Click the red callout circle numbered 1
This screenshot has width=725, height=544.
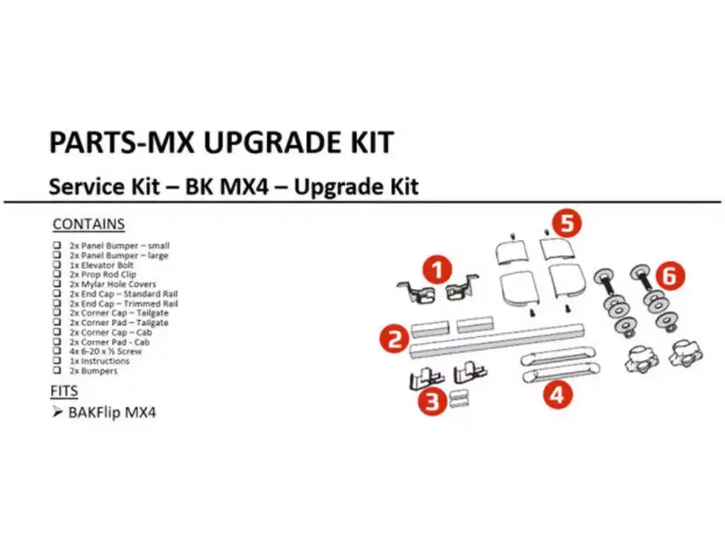[438, 271]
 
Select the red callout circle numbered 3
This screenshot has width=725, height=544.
[432, 401]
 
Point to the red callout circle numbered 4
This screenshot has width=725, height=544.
[557, 393]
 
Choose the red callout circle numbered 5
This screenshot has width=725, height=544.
[566, 222]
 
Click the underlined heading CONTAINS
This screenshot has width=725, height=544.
[89, 225]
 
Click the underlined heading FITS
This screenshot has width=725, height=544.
[64, 391]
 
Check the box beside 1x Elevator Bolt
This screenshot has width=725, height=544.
[56, 265]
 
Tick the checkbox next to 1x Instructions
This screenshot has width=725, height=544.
[56, 361]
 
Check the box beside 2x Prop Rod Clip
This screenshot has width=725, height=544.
[56, 275]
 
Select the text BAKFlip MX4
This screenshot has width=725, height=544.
[112, 413]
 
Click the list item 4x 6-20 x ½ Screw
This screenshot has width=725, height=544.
[105, 351]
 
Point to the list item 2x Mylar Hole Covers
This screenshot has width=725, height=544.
[113, 284]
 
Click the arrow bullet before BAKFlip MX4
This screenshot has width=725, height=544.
[57, 412]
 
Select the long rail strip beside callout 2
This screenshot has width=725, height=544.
[496, 339]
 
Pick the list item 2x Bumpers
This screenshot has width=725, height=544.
[93, 370]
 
